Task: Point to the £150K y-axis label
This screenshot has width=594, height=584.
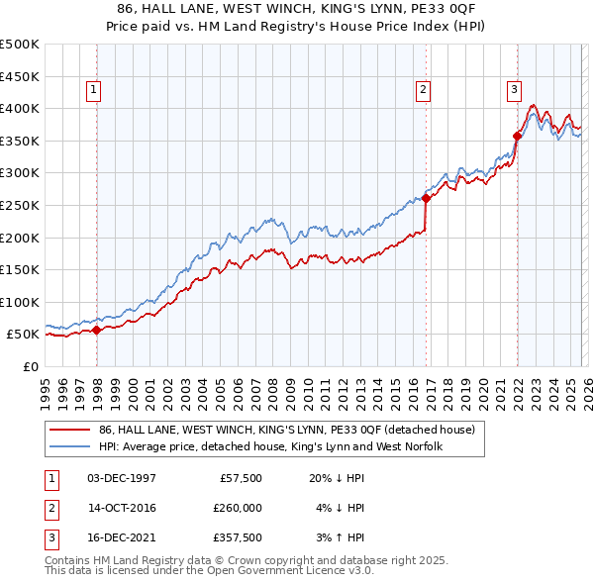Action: point(20,269)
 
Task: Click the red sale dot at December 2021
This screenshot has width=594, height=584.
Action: point(517,136)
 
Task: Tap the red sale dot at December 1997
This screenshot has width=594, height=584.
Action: point(97,330)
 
